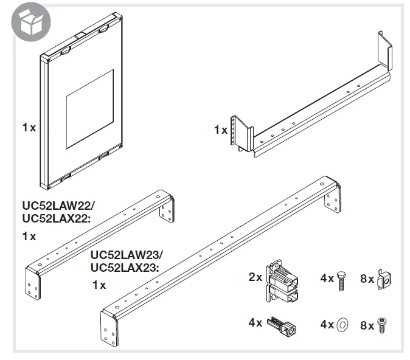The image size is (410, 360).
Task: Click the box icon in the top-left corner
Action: pyautogui.click(x=27, y=24)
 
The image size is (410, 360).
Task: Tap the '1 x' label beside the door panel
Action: pyautogui.click(x=29, y=128)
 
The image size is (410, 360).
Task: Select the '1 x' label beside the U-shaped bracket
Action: pyautogui.click(x=220, y=130)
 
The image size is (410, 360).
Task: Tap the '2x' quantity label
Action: pyautogui.click(x=255, y=277)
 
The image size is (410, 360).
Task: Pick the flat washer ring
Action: pyautogui.click(x=342, y=324)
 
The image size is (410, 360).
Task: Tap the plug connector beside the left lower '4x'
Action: pyautogui.click(x=284, y=324)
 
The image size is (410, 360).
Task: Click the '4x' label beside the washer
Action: pyautogui.click(x=327, y=325)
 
